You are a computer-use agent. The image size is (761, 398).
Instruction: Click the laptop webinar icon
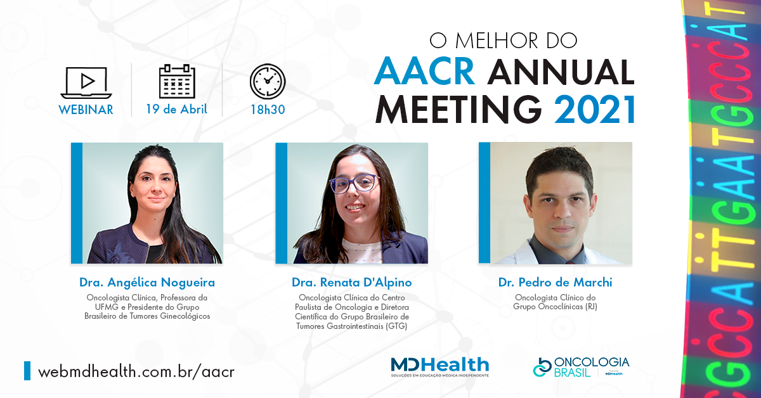[x=86, y=83]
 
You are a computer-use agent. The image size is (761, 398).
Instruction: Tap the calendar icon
[x=177, y=82]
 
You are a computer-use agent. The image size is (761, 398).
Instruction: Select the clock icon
[x=268, y=82]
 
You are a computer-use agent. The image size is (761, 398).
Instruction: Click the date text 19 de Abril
[x=176, y=109]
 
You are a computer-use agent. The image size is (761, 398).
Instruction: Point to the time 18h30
[x=268, y=110]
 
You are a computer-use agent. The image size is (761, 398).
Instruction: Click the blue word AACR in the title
[x=424, y=72]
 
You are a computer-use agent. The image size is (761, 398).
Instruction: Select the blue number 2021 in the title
[x=595, y=109]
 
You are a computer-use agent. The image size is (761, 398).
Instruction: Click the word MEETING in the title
[x=459, y=109]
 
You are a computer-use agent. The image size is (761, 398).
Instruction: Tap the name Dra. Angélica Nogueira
[x=147, y=282]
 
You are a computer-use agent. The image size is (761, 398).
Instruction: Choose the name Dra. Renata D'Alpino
[x=351, y=282]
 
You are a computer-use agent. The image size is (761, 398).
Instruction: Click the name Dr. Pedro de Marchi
[x=555, y=282]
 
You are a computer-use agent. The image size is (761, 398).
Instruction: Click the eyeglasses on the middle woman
[x=354, y=183]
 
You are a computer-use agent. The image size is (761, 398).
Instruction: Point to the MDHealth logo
[x=440, y=367]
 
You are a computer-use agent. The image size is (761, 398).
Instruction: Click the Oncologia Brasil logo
[x=581, y=367]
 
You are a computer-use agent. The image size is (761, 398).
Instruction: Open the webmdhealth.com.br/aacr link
[x=136, y=371]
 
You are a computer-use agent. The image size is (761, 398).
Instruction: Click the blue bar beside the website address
[x=27, y=371]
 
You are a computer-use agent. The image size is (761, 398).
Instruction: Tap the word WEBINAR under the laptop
[x=86, y=110]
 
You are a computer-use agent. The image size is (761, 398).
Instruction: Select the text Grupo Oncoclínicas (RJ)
[x=555, y=306]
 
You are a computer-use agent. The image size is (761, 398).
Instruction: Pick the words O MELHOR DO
[x=504, y=41]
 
